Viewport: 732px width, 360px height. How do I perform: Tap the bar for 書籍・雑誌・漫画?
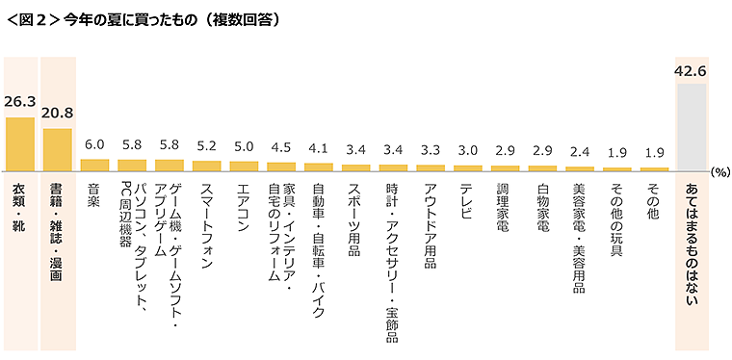(58, 150)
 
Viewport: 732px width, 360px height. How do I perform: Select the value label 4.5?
(281, 148)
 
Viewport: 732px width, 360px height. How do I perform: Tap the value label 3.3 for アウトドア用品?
(431, 151)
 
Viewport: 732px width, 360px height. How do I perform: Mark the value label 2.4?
(580, 153)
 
